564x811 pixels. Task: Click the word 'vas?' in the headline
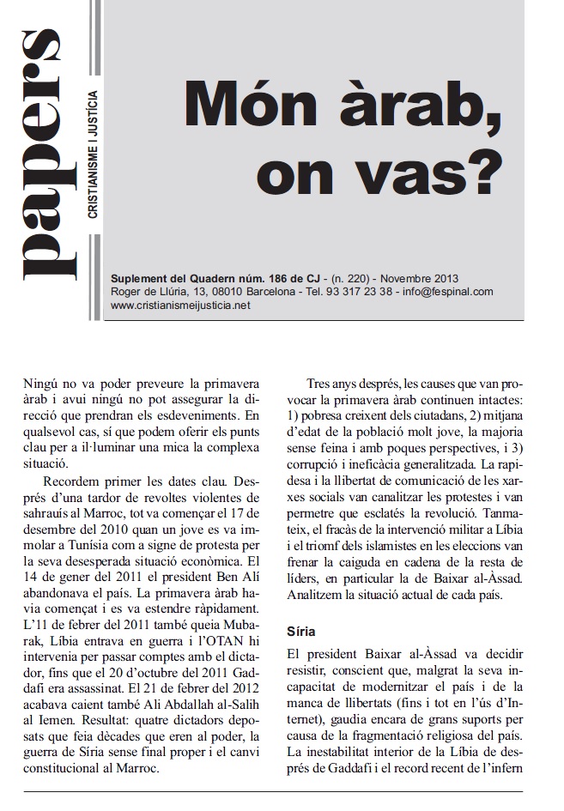(440, 171)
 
